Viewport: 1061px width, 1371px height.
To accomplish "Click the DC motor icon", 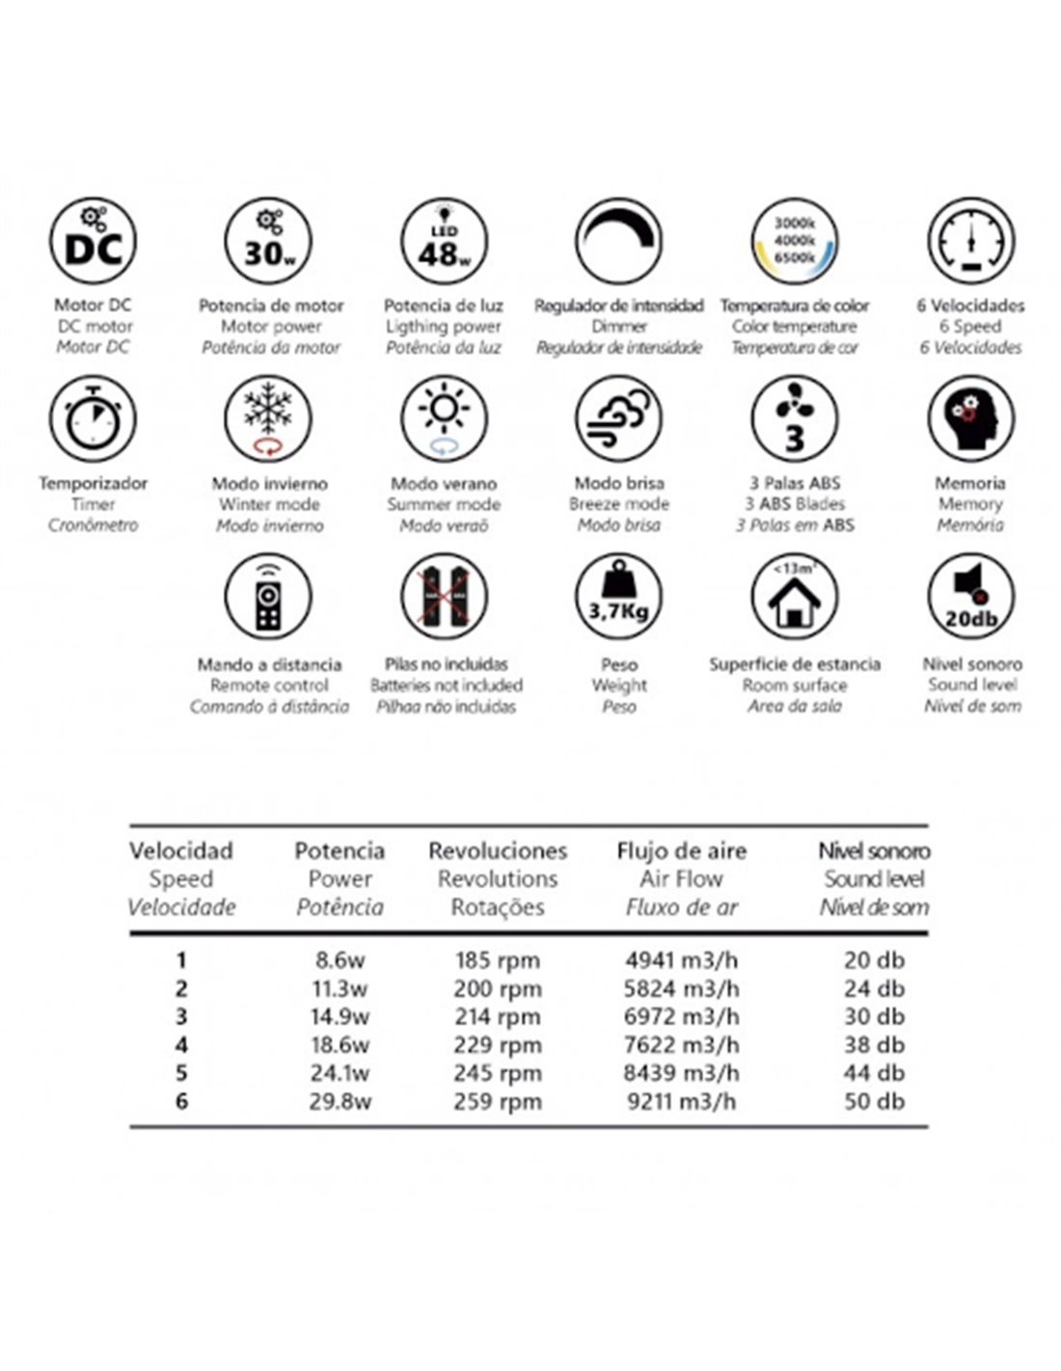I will click(93, 242).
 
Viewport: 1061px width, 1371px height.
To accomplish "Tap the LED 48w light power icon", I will click(444, 242).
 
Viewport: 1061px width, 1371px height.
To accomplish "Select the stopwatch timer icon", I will click(93, 419).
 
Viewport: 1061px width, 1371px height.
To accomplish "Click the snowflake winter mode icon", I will click(268, 419).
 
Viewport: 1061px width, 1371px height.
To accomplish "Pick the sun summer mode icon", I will click(444, 419).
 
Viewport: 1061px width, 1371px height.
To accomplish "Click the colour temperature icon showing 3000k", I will click(795, 242).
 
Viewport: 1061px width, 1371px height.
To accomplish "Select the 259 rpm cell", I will click(498, 1101).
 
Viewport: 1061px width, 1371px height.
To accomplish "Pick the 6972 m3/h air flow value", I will click(682, 1016).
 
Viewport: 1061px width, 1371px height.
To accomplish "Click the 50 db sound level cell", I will click(874, 1101).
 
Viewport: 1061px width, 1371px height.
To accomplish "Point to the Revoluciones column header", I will click(498, 851).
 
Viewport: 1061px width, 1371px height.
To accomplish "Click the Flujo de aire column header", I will click(682, 851).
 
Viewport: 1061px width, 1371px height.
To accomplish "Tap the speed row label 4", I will click(181, 1045).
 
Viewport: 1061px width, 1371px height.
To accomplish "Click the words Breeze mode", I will click(619, 504).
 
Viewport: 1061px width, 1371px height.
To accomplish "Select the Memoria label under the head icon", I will click(970, 483).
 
